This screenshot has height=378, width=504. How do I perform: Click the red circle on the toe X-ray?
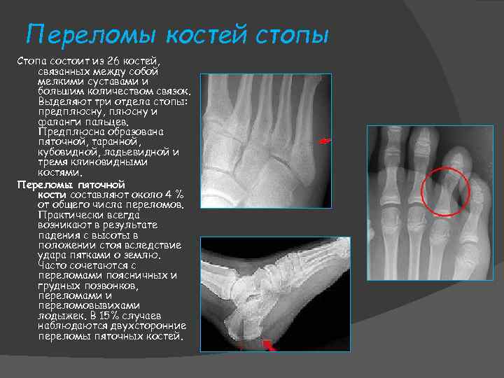(445, 190)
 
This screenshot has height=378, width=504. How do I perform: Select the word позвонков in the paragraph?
(129, 286)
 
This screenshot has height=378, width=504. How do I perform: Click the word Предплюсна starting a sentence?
(68, 132)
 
